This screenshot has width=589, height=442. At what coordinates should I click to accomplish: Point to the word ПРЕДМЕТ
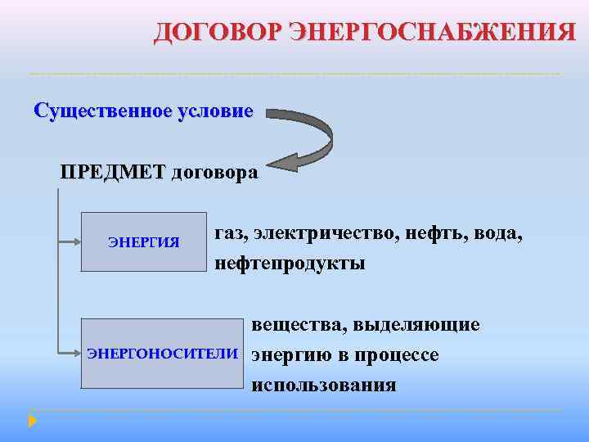(111, 173)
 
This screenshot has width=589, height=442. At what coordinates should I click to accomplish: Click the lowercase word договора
(214, 173)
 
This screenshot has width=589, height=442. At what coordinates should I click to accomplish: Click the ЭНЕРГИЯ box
(145, 241)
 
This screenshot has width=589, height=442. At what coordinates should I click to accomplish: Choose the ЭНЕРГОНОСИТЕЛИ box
(163, 354)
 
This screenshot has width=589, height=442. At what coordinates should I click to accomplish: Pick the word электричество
(323, 234)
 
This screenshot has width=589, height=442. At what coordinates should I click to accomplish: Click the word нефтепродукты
(290, 264)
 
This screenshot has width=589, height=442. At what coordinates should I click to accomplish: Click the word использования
(325, 385)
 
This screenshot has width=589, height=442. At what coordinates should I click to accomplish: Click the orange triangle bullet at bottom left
(32, 421)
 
